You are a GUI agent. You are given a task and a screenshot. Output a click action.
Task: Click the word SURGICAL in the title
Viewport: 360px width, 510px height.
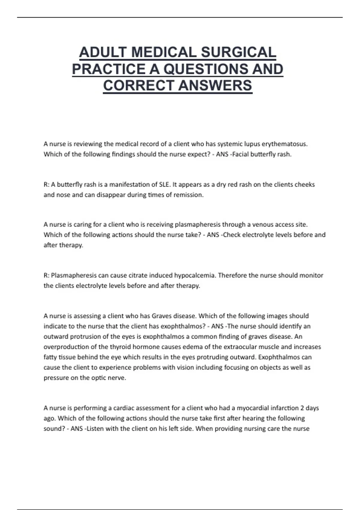click(x=238, y=52)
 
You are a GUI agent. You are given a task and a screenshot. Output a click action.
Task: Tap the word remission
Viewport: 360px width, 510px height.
click(x=188, y=195)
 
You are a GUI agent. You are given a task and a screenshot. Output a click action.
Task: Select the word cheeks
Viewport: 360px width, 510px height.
click(x=304, y=184)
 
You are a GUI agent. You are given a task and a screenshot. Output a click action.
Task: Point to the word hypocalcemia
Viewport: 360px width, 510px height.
click(x=195, y=275)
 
